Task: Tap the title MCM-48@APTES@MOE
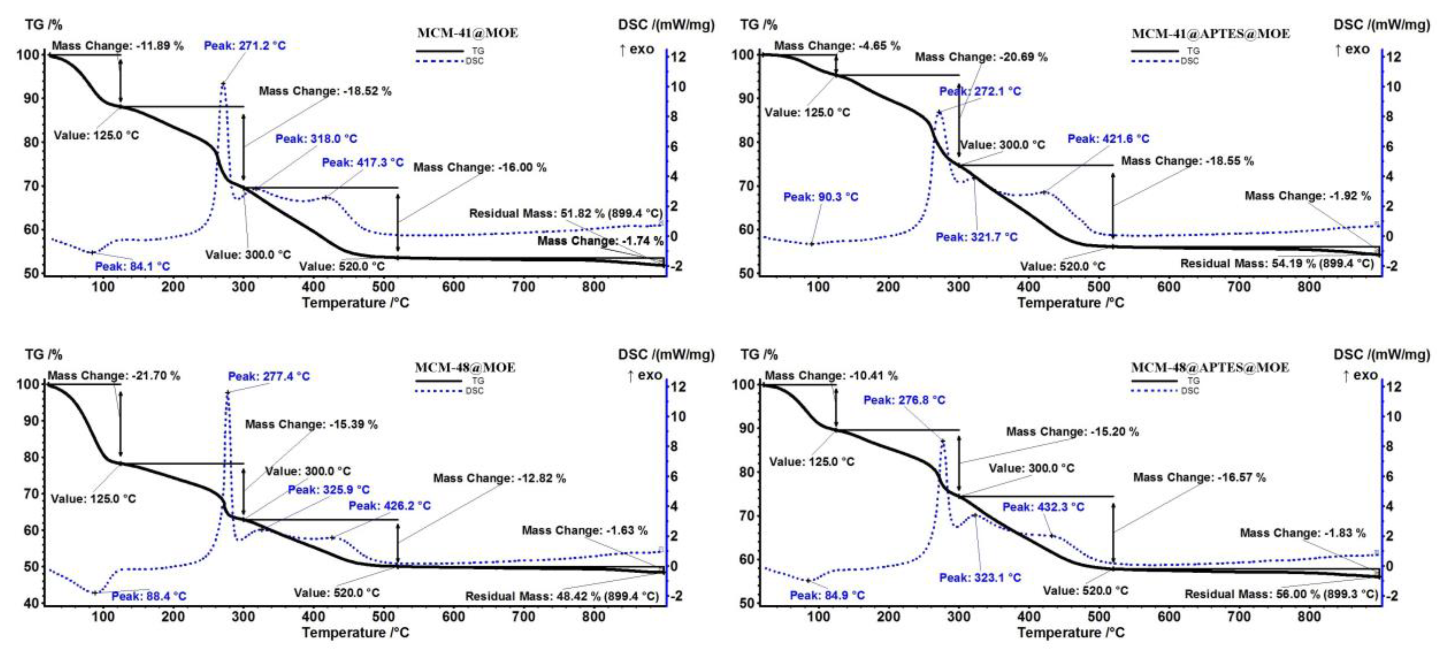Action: (x=1210, y=368)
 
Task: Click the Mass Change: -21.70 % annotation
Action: (x=114, y=376)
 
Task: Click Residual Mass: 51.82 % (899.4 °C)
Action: (x=565, y=213)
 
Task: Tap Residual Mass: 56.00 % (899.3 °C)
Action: (x=1281, y=594)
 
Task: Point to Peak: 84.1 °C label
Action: (x=132, y=266)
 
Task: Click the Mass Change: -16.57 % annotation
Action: (x=1199, y=477)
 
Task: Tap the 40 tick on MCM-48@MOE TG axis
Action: (x=33, y=603)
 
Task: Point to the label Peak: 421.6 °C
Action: (x=1108, y=138)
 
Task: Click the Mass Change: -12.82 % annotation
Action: (x=499, y=479)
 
